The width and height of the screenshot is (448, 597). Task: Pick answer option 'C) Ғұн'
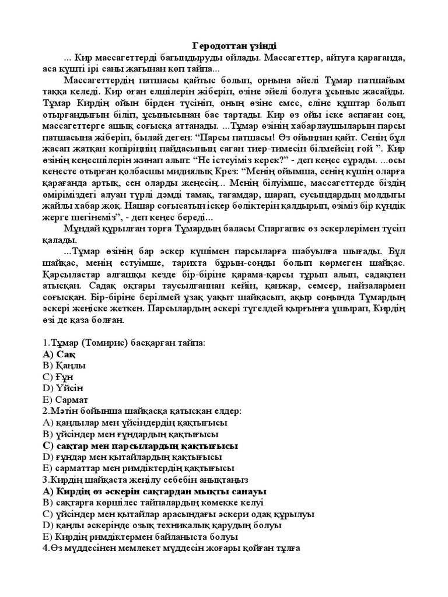click(x=61, y=377)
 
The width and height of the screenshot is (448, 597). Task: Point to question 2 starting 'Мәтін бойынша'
click(x=142, y=411)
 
